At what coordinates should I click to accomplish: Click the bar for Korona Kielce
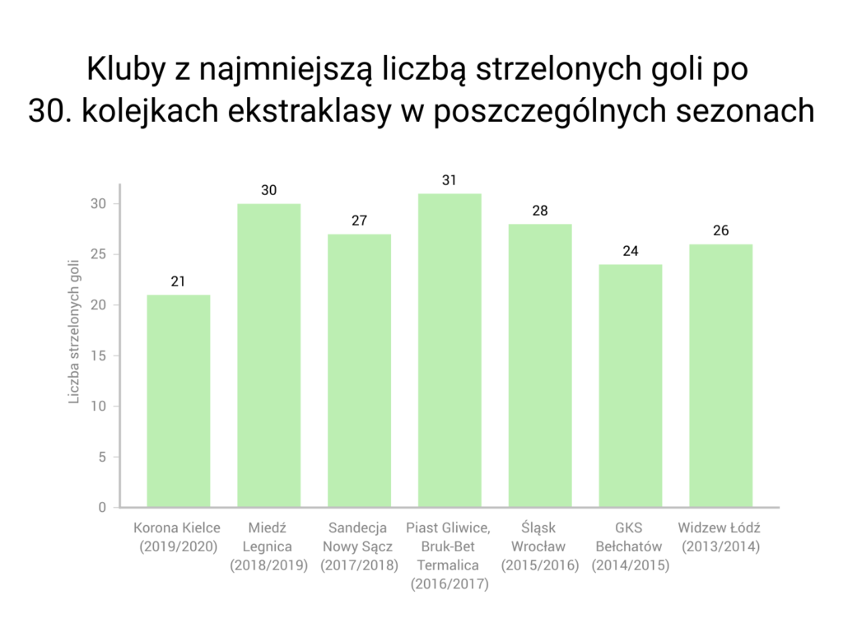pyautogui.click(x=178, y=401)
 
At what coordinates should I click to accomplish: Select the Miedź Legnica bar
pyautogui.click(x=268, y=355)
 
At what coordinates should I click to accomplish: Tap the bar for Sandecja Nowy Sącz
pyautogui.click(x=359, y=370)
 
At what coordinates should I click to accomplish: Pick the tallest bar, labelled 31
pyautogui.click(x=449, y=350)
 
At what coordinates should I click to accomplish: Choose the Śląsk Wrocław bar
pyautogui.click(x=540, y=365)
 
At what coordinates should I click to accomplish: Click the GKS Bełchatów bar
pyautogui.click(x=631, y=385)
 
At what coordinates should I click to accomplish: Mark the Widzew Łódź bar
pyautogui.click(x=721, y=375)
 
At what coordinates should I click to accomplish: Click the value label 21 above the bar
pyautogui.click(x=178, y=281)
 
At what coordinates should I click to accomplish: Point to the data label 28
pyautogui.click(x=540, y=211)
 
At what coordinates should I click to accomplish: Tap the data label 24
pyautogui.click(x=631, y=251)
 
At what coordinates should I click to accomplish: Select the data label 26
pyautogui.click(x=721, y=230)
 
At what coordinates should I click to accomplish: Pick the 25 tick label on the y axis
pyautogui.click(x=100, y=254)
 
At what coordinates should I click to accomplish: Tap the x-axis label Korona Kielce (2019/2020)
pyautogui.click(x=178, y=537)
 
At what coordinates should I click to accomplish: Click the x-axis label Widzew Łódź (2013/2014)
pyautogui.click(x=721, y=537)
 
